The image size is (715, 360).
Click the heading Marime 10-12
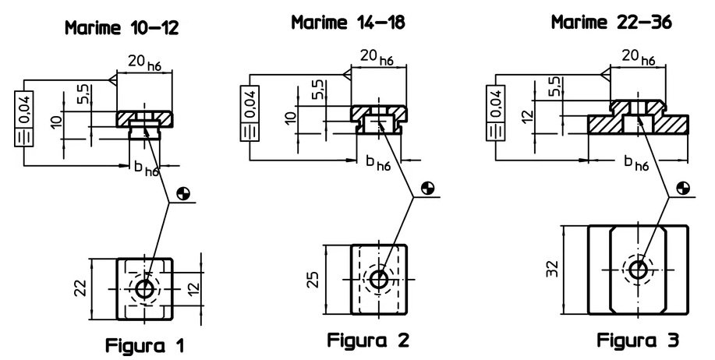point(122,28)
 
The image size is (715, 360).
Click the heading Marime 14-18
point(348,22)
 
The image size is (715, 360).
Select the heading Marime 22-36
point(611,22)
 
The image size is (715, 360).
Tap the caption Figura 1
point(145,345)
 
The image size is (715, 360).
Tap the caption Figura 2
point(368,340)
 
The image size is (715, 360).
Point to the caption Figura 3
point(638,340)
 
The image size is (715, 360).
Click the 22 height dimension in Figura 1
point(81,288)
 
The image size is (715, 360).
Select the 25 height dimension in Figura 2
point(313,279)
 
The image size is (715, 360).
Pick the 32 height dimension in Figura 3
point(552,269)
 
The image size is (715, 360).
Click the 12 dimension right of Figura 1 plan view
point(194,288)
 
